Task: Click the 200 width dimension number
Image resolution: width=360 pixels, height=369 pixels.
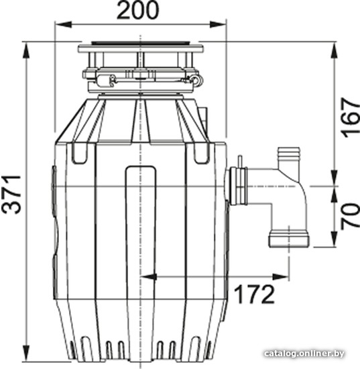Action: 138,10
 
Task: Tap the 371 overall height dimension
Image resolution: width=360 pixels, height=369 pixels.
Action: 12,194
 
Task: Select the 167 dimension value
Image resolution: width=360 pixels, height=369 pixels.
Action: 351,117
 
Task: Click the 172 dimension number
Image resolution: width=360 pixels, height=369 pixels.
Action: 255,294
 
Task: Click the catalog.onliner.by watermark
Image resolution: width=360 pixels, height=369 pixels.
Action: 304,354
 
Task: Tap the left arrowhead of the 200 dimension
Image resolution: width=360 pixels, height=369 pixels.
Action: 63,24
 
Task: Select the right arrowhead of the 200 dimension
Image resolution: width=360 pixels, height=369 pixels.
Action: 218,24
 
